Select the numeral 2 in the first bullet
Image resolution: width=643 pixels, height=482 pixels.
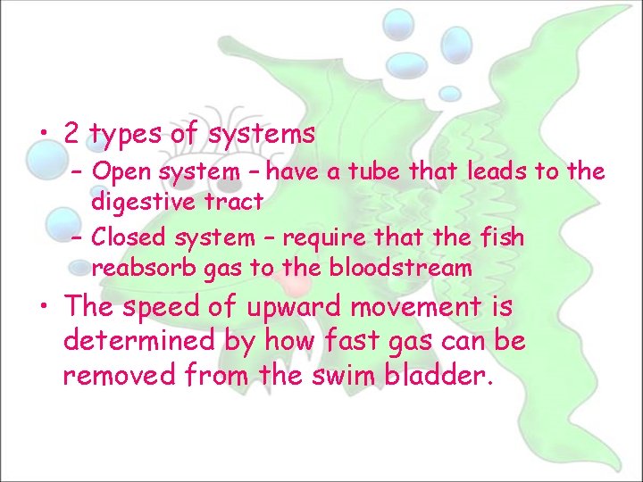(x=72, y=134)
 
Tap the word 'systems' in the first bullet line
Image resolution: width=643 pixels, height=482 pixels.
(x=261, y=135)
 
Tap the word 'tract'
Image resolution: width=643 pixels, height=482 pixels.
(x=234, y=202)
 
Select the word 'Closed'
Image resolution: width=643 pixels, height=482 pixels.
(x=128, y=237)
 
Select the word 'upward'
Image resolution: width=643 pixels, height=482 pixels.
(x=294, y=308)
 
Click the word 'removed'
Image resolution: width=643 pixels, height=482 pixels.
(x=120, y=374)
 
